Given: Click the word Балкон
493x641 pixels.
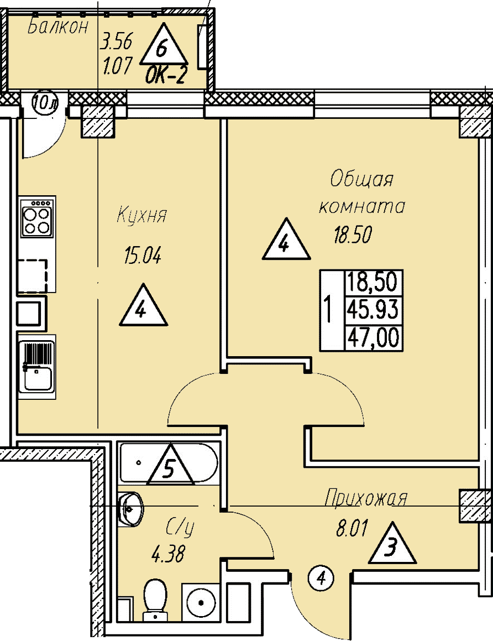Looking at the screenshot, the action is pyautogui.click(x=58, y=27).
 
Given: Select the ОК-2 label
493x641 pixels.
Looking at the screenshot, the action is pyautogui.click(x=166, y=75).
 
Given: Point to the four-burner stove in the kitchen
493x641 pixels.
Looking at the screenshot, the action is pyautogui.click(x=37, y=217).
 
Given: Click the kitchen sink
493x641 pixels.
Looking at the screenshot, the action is pyautogui.click(x=37, y=366).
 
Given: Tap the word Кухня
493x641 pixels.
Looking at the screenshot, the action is pyautogui.click(x=141, y=215).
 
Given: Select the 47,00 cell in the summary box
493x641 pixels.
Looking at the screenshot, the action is pyautogui.click(x=373, y=338).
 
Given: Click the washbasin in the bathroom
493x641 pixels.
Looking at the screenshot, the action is pyautogui.click(x=130, y=509).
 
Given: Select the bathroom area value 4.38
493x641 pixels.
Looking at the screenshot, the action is pyautogui.click(x=168, y=555).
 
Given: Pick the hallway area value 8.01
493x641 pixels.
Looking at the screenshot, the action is pyautogui.click(x=352, y=528).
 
